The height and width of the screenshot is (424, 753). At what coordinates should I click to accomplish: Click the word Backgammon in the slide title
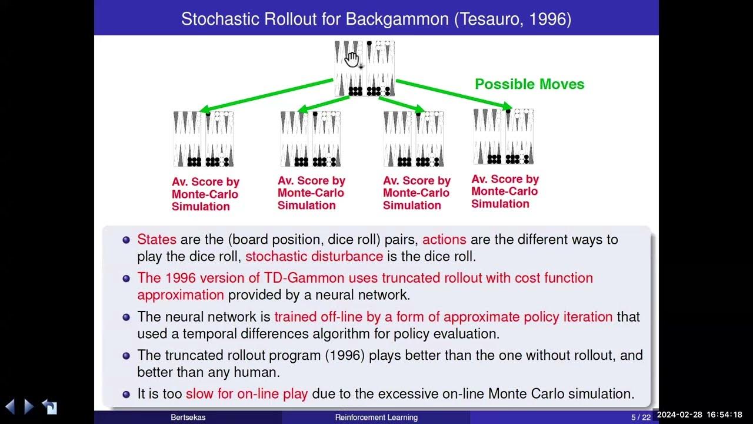tap(398, 19)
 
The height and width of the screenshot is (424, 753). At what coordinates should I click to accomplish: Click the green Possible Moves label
tap(529, 84)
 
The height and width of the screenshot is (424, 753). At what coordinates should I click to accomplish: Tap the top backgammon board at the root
tap(364, 68)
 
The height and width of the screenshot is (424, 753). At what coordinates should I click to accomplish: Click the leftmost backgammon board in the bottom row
tap(203, 139)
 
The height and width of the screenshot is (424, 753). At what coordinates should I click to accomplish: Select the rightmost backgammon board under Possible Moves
tap(503, 137)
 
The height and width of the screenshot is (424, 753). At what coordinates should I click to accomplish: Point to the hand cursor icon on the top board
tap(352, 59)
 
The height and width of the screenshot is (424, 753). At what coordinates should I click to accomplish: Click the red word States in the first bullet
tap(156, 240)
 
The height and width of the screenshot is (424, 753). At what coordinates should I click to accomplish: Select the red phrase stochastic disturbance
tap(314, 257)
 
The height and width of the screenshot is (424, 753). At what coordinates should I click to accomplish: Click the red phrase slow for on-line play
tap(246, 394)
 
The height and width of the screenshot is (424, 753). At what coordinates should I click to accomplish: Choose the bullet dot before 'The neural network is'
tap(126, 317)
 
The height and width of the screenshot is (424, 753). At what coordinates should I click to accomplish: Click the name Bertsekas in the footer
tap(188, 418)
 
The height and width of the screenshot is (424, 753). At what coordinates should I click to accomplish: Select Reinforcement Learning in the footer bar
tap(376, 418)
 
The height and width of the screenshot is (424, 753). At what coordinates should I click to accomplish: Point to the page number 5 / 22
tap(641, 418)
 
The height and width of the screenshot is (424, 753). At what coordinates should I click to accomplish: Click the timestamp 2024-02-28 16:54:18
tap(699, 415)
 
